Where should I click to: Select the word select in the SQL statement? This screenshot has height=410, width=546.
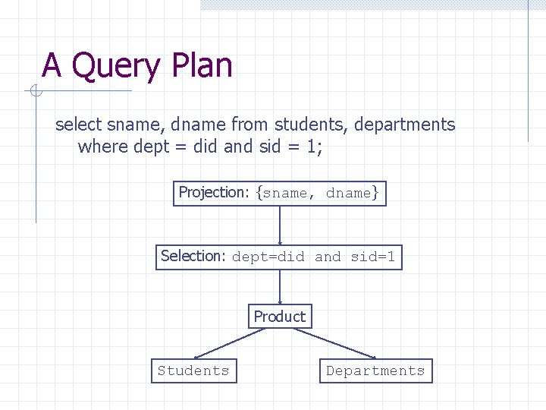78,125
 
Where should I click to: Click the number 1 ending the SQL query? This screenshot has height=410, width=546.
312,147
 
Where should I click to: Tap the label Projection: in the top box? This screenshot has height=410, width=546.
213,193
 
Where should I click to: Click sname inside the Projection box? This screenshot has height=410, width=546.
286,194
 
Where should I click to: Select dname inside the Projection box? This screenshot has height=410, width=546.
348,194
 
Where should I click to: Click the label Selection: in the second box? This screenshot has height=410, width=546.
193,257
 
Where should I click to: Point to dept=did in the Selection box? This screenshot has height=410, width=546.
268,257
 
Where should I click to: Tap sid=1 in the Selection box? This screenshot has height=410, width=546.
372,257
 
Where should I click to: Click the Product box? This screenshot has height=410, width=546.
280,317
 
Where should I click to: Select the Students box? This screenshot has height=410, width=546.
193,371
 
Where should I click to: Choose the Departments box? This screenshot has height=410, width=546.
375,371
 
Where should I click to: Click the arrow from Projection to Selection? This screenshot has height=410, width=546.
280,225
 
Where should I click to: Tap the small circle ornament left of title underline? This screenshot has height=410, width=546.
35,92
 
